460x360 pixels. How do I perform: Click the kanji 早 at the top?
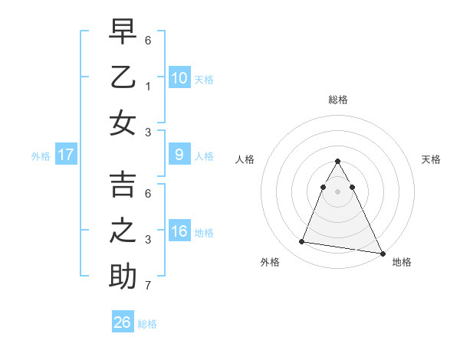point(123,33)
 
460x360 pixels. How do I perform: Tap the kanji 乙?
point(123,78)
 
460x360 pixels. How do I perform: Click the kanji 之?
point(123,232)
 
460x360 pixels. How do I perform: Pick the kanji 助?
point(123,277)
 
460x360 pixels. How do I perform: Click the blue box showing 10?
point(179,78)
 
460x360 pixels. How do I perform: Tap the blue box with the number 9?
point(179,155)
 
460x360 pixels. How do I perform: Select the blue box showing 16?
point(179,231)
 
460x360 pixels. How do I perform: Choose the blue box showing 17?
point(66,155)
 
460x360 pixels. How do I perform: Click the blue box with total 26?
point(123,322)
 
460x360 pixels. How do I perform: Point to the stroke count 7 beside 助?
point(149,286)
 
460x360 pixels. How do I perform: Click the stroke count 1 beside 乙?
point(149,86)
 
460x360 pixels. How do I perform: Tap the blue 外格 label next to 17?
point(41,155)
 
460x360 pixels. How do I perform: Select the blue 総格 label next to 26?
point(147,323)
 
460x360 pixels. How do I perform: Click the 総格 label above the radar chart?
point(338,100)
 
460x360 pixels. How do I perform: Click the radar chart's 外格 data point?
point(302,242)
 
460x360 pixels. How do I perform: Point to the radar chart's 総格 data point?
point(338,162)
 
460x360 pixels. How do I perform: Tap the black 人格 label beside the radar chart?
point(245,159)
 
